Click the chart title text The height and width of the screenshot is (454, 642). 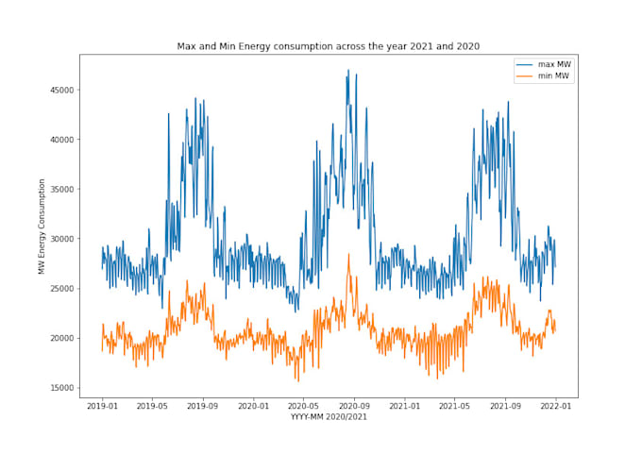pyautogui.click(x=329, y=45)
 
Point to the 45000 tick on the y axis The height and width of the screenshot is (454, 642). pyautogui.click(x=62, y=91)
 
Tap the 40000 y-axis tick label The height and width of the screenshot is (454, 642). pyautogui.click(x=62, y=140)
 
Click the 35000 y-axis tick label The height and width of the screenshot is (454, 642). pyautogui.click(x=62, y=190)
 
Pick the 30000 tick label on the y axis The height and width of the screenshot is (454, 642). pyautogui.click(x=62, y=239)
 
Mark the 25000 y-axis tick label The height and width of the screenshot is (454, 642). pyautogui.click(x=62, y=289)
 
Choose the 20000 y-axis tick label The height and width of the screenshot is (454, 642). pyautogui.click(x=62, y=338)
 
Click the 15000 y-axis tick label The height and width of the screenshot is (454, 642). pyautogui.click(x=62, y=388)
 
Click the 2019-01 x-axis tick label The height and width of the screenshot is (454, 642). pyautogui.click(x=103, y=407)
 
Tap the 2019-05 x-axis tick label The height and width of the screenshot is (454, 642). pyautogui.click(x=152, y=407)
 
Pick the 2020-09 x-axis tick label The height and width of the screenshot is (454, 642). pyautogui.click(x=354, y=407)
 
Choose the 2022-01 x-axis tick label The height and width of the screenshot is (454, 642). pyautogui.click(x=555, y=407)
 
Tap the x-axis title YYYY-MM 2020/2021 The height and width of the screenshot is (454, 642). pyautogui.click(x=329, y=416)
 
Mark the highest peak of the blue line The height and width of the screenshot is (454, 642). pyautogui.click(x=348, y=70)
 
